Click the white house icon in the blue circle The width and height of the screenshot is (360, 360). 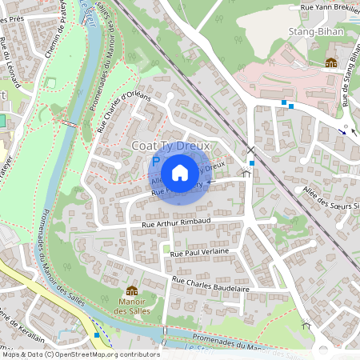click(x=180, y=173)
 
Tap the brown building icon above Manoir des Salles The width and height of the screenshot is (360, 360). click(x=132, y=290)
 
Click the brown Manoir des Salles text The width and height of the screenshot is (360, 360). click(x=131, y=306)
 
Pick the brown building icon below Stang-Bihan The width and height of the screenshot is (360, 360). click(x=330, y=62)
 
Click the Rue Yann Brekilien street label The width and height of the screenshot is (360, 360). click(x=329, y=6)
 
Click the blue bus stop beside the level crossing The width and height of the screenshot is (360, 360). click(x=252, y=163)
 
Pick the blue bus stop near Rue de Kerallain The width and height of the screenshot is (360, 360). click(x=97, y=334)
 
